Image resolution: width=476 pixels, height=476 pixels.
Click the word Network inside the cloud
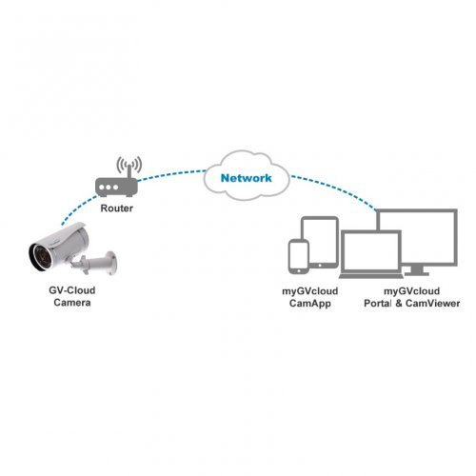pos(247,178)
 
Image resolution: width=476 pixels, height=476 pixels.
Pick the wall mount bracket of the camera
pos(103,260)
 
